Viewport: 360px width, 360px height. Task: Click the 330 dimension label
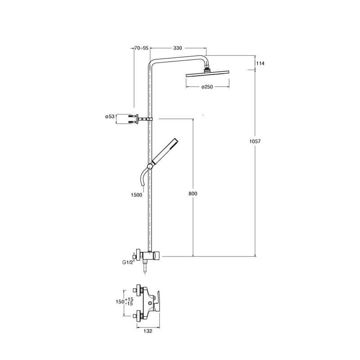178,48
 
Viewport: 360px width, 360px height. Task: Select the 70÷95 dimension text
141,48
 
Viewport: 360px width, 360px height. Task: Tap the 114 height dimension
260,63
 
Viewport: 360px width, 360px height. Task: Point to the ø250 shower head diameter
207,87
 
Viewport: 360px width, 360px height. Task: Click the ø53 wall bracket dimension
109,117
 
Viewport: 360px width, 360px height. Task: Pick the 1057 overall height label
255,141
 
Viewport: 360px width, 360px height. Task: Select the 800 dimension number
193,193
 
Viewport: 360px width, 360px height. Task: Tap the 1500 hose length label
136,195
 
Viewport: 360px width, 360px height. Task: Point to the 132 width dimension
148,331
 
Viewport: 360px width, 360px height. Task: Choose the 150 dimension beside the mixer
120,301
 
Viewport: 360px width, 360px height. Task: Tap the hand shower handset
165,151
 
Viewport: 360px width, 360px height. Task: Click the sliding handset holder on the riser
150,166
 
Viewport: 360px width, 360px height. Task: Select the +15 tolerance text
130,299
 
